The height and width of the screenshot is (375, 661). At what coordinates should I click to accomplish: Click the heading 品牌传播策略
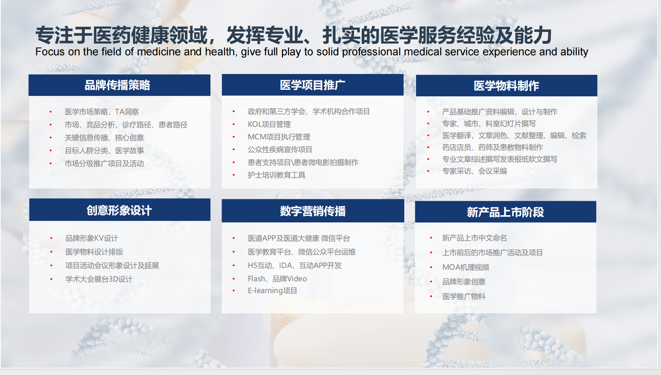pos(117,85)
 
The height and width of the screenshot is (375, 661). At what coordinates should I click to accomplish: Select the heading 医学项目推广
pos(312,85)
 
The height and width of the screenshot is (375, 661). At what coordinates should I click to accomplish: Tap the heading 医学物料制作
pos(506,86)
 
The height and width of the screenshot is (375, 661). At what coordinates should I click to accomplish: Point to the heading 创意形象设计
pos(119,210)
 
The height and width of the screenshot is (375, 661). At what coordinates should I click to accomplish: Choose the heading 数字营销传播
pos(313,211)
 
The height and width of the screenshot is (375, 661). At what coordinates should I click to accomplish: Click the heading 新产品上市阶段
pos(505,212)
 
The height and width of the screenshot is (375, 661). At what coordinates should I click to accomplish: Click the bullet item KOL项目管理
pos(269,124)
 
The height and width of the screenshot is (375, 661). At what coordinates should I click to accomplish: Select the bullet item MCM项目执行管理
pos(279,137)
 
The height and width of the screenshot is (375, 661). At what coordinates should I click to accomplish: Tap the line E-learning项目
pos(272,291)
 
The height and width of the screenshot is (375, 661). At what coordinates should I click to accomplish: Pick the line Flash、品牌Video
pos(277,279)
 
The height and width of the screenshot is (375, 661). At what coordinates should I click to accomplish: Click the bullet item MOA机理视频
pos(465,267)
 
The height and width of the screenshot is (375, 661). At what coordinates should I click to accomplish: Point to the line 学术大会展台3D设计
pos(99,279)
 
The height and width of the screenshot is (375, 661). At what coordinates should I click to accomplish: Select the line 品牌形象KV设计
pos(92,238)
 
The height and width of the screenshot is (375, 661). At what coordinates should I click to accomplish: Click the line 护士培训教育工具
pos(276,175)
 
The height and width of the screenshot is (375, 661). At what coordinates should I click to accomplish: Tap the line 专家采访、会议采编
pos(474,171)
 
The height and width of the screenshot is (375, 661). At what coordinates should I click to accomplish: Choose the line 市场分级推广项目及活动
pos(104,163)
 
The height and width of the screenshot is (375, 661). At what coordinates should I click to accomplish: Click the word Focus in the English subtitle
pos(50,52)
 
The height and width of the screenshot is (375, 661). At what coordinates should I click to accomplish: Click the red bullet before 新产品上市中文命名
pos(431,238)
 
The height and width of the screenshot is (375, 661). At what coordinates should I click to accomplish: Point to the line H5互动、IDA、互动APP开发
pos(295,265)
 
